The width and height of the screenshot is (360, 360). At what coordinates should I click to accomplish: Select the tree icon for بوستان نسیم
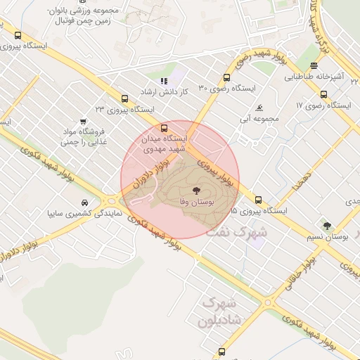(327, 225)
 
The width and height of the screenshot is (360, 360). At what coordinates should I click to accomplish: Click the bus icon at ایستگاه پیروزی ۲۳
(124, 99)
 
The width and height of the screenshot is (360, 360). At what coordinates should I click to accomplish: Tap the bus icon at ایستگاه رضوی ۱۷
(323, 94)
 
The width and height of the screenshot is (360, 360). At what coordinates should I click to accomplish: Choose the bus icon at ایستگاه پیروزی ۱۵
(259, 200)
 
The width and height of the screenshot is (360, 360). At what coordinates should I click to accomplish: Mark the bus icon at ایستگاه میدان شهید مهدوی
(164, 129)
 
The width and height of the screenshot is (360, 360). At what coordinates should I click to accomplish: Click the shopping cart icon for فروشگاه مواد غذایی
(84, 121)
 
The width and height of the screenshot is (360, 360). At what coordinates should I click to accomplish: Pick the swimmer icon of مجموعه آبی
(259, 108)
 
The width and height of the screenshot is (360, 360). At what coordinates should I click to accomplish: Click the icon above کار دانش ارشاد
(164, 81)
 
